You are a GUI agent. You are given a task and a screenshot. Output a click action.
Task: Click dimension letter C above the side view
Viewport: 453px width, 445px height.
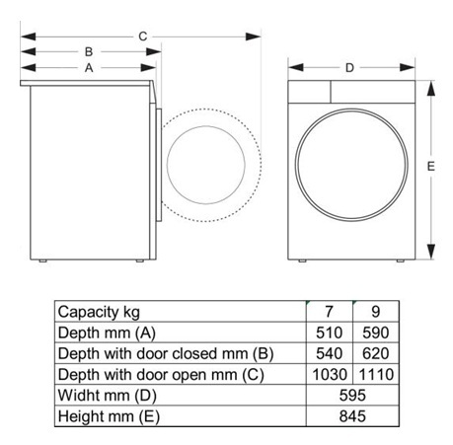pos(143,37)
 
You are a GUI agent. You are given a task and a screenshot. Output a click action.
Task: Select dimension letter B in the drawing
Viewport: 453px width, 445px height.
pos(88,51)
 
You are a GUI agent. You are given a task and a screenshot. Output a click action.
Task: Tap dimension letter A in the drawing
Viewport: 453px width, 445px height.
pos(88,68)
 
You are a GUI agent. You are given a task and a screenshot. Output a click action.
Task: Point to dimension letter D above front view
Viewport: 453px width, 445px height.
pos(349,67)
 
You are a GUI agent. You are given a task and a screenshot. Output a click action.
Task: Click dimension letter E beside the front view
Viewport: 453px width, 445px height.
pos(431,167)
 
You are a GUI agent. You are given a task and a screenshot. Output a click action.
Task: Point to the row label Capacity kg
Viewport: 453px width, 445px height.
pos(100,313)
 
